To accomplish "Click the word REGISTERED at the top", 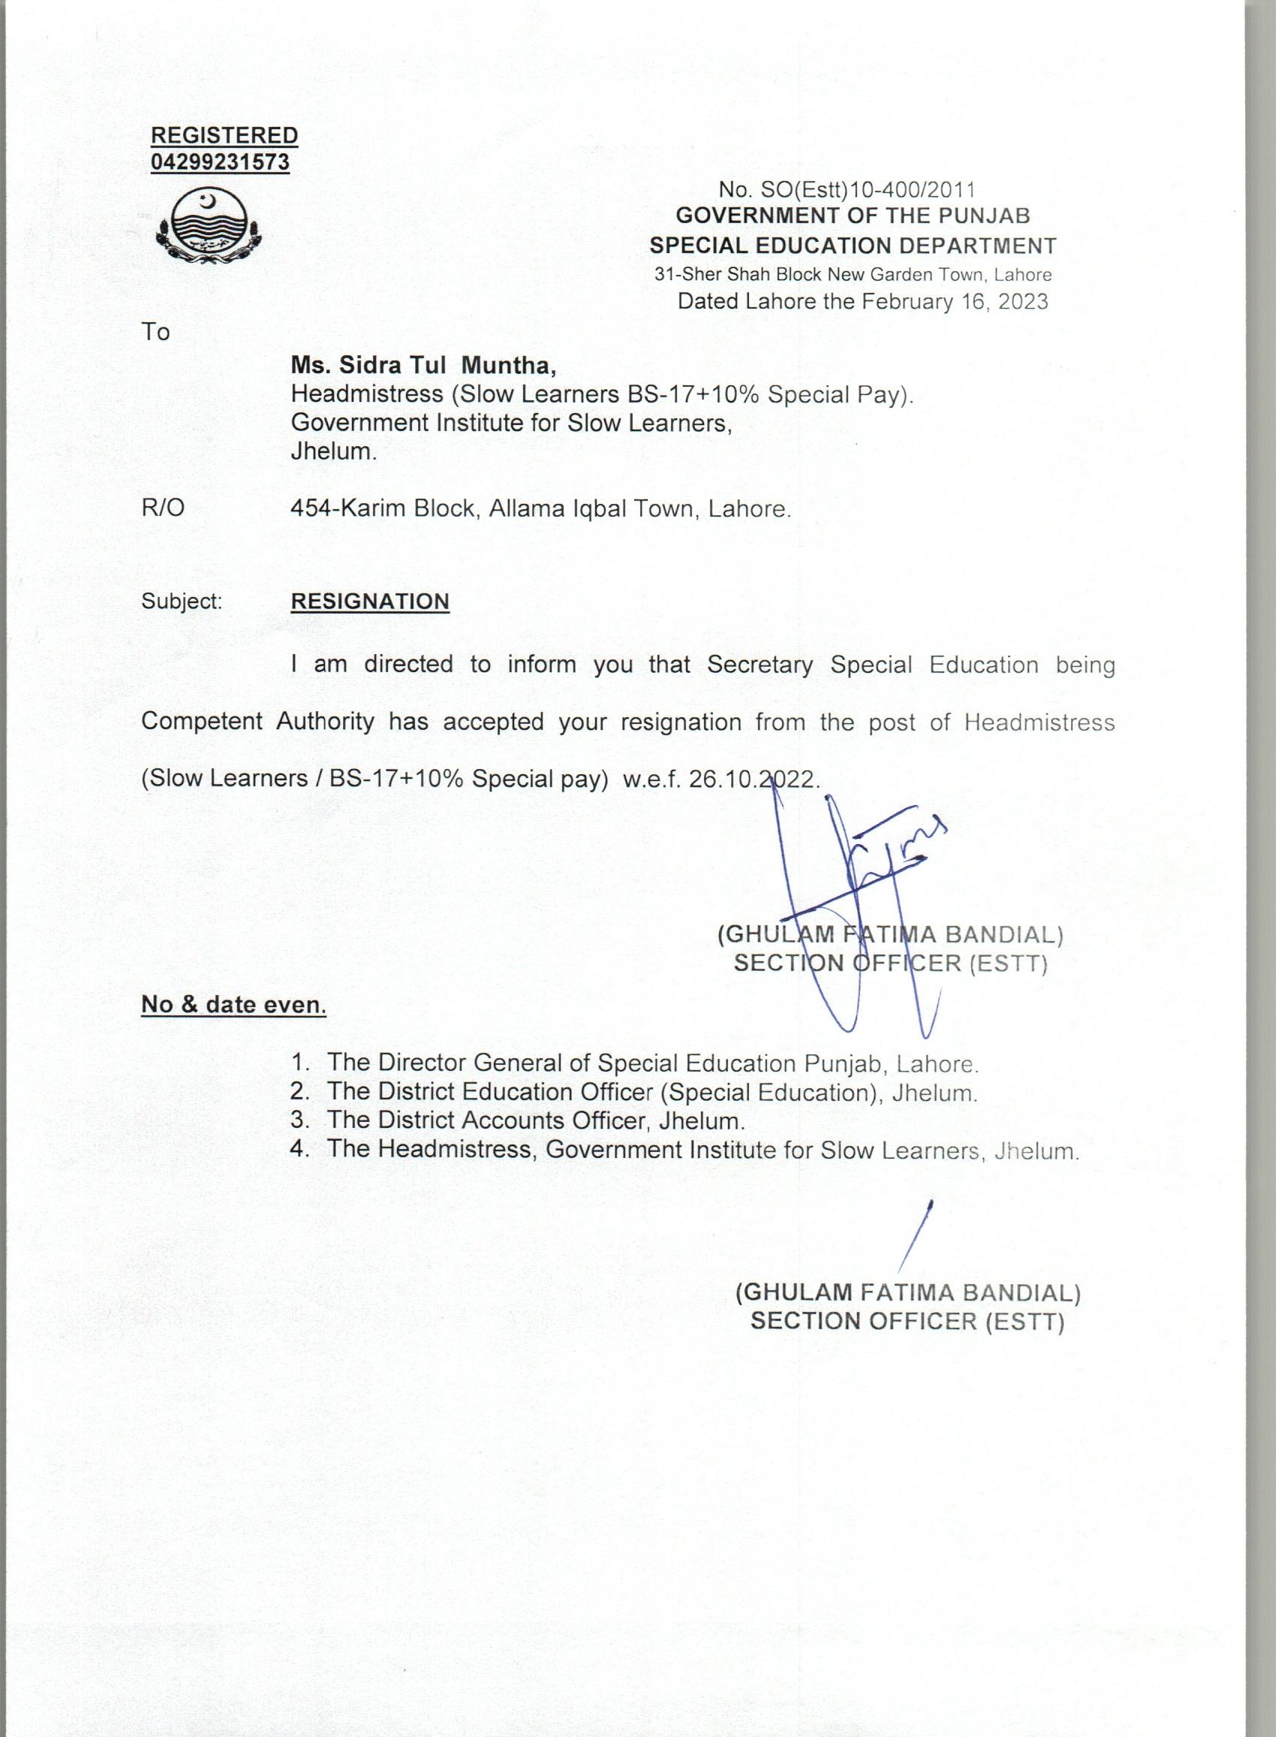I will [x=224, y=135].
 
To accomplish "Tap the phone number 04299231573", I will [x=220, y=163].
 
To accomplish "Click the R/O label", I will [x=163, y=508].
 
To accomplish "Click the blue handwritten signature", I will [x=857, y=888].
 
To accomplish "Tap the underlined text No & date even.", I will [x=233, y=1005].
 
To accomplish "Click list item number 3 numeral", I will [x=299, y=1120].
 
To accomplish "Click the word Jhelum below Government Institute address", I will [x=333, y=451].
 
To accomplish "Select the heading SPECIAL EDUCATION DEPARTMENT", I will [x=853, y=246].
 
